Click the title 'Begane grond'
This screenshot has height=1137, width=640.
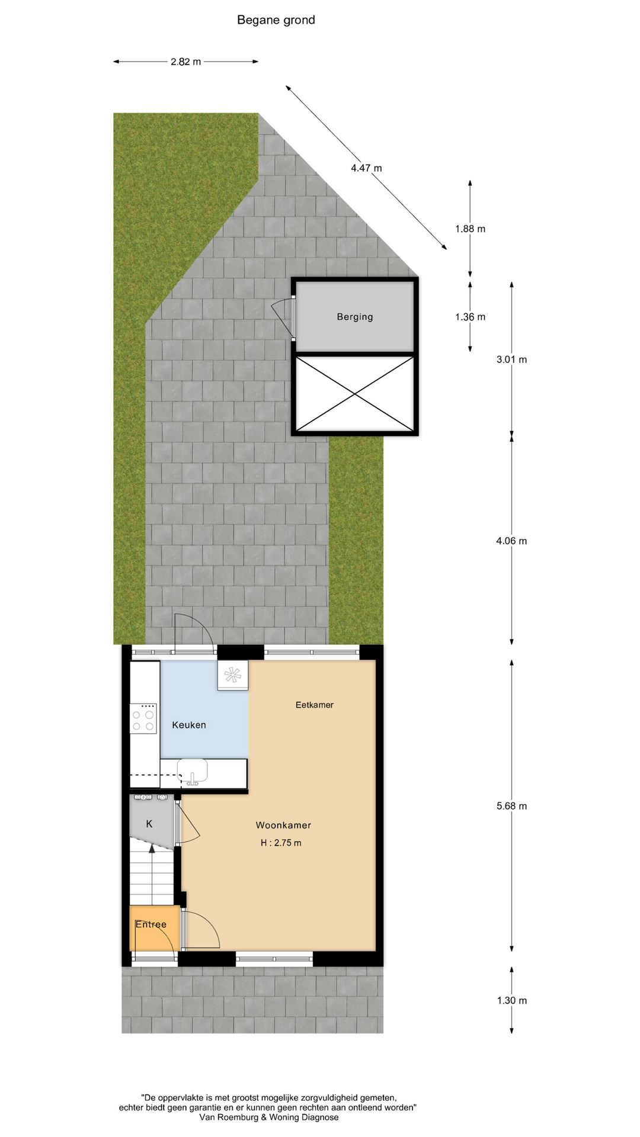click(x=276, y=20)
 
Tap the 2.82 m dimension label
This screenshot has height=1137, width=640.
click(x=185, y=62)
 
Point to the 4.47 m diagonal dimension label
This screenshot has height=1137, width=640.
click(x=366, y=168)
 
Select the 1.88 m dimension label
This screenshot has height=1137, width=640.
click(x=470, y=229)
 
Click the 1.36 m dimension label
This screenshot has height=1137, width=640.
click(x=470, y=317)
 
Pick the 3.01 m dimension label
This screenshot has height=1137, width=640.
click(x=511, y=359)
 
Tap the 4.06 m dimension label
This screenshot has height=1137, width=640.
click(x=511, y=541)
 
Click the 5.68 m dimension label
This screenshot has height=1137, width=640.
click(x=511, y=806)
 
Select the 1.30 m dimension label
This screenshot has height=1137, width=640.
click(x=511, y=1000)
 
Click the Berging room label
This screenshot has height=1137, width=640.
click(x=355, y=317)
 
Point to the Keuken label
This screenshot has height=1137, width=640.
click(x=189, y=725)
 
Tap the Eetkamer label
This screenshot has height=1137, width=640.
click(x=315, y=705)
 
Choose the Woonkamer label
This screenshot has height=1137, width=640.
click(x=283, y=825)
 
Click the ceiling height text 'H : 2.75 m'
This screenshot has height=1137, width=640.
click(x=281, y=843)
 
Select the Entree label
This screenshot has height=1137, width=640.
click(x=151, y=924)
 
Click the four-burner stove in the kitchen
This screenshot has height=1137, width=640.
click(x=143, y=718)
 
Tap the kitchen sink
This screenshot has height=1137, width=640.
click(x=193, y=772)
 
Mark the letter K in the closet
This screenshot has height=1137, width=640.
click(x=149, y=824)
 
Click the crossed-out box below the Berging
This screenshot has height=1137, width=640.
click(x=355, y=394)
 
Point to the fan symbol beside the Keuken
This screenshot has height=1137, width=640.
click(x=233, y=675)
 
